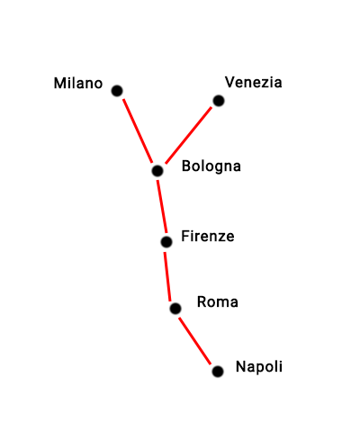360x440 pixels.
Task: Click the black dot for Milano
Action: [117, 91]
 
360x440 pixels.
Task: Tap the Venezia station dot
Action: [219, 101]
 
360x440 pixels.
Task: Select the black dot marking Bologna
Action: [157, 171]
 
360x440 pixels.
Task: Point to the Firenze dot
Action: [166, 242]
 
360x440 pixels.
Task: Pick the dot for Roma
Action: [175, 309]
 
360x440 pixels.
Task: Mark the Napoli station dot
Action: [218, 372]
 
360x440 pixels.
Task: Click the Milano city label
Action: [78, 83]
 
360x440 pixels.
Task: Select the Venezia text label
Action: [254, 82]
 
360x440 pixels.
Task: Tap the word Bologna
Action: [211, 166]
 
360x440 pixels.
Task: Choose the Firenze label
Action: [208, 237]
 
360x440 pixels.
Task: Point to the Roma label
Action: [218, 302]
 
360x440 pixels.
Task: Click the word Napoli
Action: [259, 367]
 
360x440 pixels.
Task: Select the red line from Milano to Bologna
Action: [138, 130]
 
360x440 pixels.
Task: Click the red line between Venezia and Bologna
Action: [189, 135]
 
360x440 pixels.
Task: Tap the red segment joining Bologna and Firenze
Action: [162, 206]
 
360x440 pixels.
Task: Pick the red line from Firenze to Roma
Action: [167, 276]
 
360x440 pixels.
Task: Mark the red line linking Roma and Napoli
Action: [195, 341]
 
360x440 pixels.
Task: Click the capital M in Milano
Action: [59, 84]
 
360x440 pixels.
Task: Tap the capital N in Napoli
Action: [240, 366]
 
